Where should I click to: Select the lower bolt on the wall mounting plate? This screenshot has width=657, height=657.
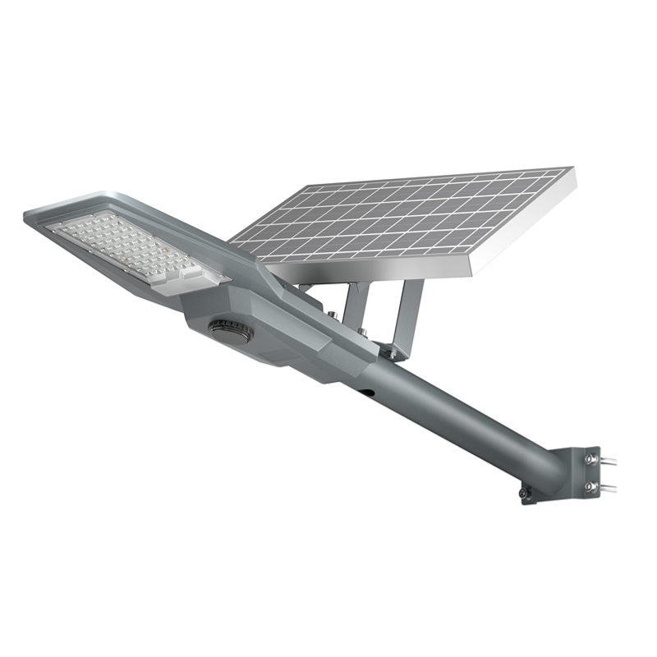point(589,486)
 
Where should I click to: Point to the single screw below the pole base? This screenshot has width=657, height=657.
point(523,493)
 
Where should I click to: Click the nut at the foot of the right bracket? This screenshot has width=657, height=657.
point(393,354)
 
